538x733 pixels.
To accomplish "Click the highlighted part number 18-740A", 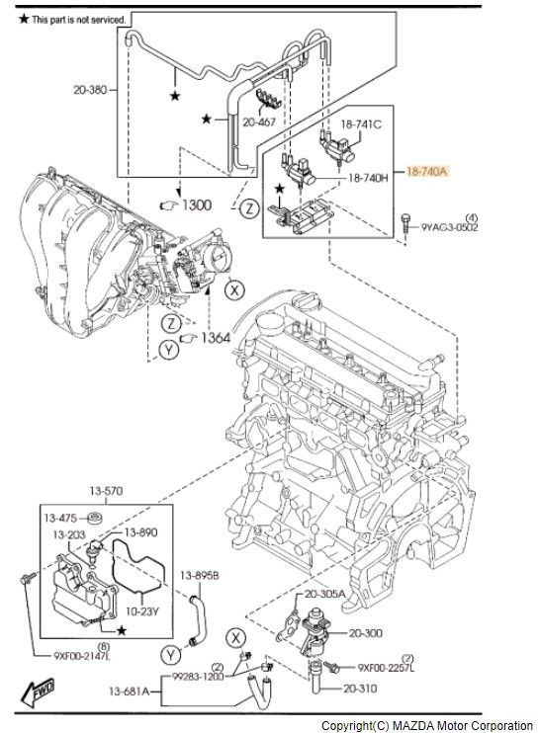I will pyautogui.click(x=427, y=171).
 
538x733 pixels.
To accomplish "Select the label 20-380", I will pyautogui.click(x=90, y=88).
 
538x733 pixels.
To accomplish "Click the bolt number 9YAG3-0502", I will pyautogui.click(x=450, y=227).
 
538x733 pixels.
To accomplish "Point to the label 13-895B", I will pyautogui.click(x=199, y=575).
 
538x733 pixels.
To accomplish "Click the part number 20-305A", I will pyautogui.click(x=324, y=594).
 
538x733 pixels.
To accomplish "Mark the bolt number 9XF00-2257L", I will pyautogui.click(x=386, y=668).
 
